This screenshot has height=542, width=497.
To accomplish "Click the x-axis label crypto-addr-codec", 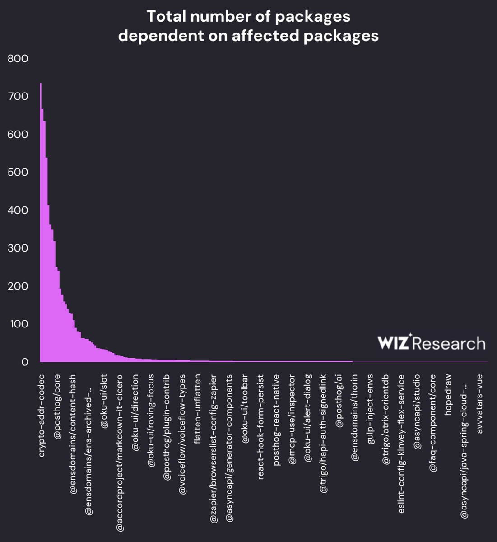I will [x=42, y=416].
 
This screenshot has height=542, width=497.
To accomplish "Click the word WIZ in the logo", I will [x=393, y=343].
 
